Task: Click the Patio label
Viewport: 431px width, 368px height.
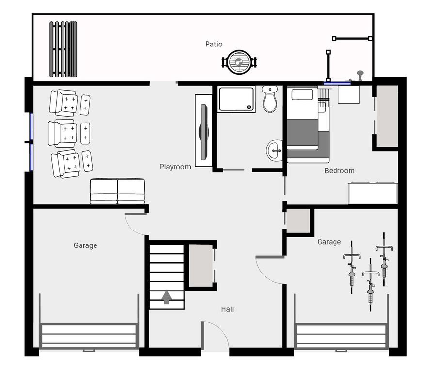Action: pos(214,44)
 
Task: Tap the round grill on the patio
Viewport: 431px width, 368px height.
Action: pos(239,62)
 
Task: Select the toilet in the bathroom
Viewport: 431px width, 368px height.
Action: pos(270,99)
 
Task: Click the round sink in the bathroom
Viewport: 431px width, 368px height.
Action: pos(274,151)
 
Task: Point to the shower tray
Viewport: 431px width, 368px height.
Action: pos(236,99)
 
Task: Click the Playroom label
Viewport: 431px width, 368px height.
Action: pos(175,167)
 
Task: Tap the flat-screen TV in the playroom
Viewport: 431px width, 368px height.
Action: pos(204,132)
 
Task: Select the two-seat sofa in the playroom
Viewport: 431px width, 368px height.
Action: pos(117,191)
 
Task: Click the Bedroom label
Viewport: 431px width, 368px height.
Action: pos(339,171)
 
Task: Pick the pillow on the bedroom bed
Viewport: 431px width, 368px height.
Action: pos(302,94)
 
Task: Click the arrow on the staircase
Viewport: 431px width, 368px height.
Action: pos(167,297)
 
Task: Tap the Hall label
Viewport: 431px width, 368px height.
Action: pos(227,309)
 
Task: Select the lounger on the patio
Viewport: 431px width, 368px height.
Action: pos(63,49)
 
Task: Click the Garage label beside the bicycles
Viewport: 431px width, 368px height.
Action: pos(329,242)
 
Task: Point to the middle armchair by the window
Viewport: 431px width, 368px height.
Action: pos(63,134)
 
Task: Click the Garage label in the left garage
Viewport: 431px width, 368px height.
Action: pos(85,245)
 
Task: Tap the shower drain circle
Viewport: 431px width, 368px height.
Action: pos(249,107)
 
